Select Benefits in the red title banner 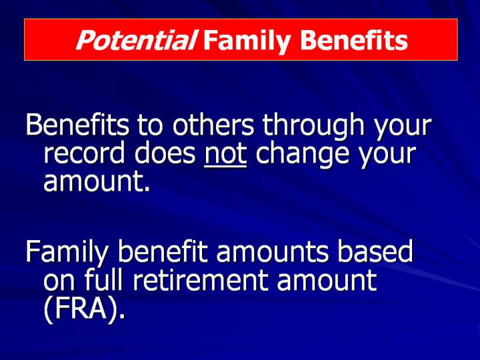354,40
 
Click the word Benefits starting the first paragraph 77,124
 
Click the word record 85,153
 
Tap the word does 165,153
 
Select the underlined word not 225,154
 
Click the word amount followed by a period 97,181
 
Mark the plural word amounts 273,252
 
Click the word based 375,251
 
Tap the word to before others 149,125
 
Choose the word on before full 59,281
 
